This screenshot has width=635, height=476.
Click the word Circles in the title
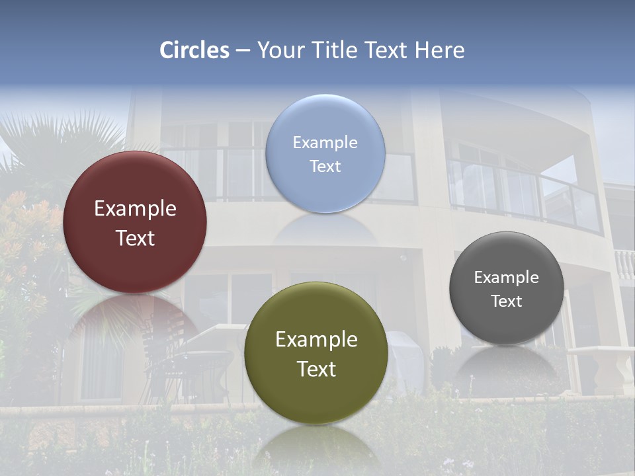click(x=194, y=50)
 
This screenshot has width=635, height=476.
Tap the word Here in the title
click(x=440, y=50)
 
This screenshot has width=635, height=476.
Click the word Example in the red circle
click(x=135, y=209)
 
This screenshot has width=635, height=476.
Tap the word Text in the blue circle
click(x=325, y=166)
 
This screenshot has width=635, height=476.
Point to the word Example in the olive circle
click(x=316, y=340)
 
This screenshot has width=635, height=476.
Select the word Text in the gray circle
click(x=507, y=301)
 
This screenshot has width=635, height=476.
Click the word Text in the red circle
click(x=135, y=238)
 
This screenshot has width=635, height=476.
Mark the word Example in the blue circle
click(x=325, y=142)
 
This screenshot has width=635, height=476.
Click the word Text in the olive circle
click(x=316, y=369)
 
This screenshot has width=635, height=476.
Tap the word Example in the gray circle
click(x=507, y=278)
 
